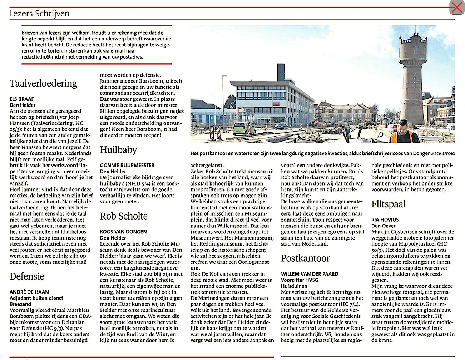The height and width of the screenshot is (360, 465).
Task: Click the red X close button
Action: (x=456, y=7)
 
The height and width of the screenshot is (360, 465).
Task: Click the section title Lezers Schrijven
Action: (x=40, y=14)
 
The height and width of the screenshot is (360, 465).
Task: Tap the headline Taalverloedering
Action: (x=43, y=83)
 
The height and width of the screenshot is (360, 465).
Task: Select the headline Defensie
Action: (x=27, y=276)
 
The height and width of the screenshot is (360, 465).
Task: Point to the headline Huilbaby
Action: (x=118, y=150)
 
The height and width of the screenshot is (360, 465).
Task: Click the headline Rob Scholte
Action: (x=124, y=216)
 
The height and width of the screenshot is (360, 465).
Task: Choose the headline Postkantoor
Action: (x=305, y=258)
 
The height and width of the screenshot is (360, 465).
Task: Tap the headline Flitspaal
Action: (x=389, y=204)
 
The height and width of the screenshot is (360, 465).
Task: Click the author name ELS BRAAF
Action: (x=22, y=99)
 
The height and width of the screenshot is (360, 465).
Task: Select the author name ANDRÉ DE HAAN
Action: (x=29, y=292)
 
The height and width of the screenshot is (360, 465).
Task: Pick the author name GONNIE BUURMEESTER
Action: (x=127, y=166)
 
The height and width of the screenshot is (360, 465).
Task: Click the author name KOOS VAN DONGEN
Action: (x=123, y=232)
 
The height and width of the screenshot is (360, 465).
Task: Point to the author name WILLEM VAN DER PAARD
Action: (x=310, y=274)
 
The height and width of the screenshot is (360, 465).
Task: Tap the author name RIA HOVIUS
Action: (x=385, y=220)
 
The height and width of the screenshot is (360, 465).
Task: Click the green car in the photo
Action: (x=244, y=128)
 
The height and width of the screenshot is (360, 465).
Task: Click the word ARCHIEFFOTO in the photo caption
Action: (x=443, y=154)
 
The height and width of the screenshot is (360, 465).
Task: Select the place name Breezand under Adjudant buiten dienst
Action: (x=20, y=304)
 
